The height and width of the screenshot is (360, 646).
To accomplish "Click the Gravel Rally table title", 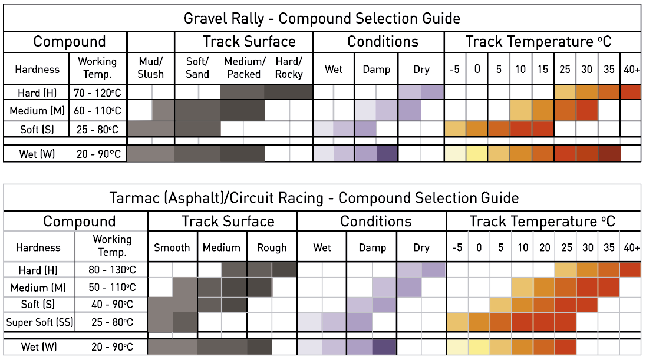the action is [x=322, y=18].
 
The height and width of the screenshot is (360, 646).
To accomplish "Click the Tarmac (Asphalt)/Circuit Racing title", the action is [x=314, y=198].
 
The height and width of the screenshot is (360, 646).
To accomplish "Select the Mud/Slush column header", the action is [x=151, y=68].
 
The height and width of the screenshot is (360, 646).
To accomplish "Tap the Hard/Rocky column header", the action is [x=289, y=68].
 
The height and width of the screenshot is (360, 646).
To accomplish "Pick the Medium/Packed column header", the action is [x=245, y=68].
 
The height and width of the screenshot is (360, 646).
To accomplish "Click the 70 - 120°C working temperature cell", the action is [x=98, y=93].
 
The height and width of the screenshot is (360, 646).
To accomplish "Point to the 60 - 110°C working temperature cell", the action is [x=98, y=110].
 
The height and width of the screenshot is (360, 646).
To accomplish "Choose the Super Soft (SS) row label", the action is [x=39, y=322].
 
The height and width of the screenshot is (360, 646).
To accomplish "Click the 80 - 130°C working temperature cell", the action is [x=112, y=270].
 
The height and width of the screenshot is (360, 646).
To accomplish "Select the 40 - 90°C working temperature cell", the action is [x=112, y=305].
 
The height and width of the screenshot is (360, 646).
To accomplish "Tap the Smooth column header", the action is [x=172, y=247].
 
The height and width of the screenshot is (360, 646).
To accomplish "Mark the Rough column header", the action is [x=272, y=247].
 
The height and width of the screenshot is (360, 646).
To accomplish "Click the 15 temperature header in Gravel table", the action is [x=543, y=69].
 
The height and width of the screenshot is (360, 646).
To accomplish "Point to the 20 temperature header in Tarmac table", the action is [x=545, y=247].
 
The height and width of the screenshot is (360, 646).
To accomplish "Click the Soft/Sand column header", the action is [x=197, y=68].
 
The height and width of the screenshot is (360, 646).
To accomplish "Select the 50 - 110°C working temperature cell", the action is [x=112, y=287].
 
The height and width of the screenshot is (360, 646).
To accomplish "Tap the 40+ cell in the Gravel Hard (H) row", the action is [x=630, y=92].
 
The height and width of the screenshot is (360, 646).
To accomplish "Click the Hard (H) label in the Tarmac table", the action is [x=38, y=270].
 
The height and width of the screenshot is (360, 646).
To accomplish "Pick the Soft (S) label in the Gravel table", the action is [x=37, y=130].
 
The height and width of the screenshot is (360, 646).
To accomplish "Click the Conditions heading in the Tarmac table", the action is [x=375, y=222].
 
